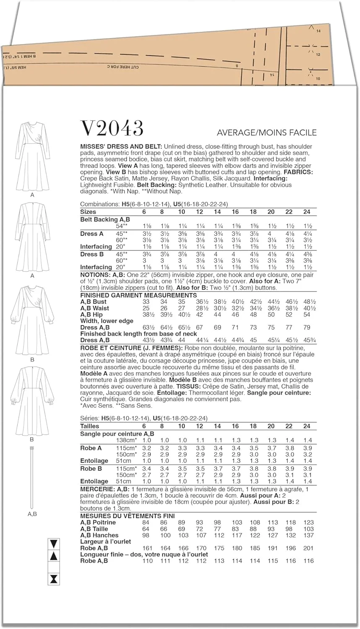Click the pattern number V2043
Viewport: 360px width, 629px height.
[x=112, y=128]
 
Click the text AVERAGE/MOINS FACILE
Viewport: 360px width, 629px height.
[x=266, y=133]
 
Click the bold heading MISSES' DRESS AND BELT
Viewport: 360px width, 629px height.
[x=121, y=147]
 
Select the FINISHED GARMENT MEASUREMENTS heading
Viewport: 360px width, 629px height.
[x=138, y=295]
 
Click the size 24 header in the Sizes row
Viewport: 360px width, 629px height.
[x=307, y=212]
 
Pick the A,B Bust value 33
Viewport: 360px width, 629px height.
[x=146, y=302]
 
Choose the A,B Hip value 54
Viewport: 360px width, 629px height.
[x=307, y=314]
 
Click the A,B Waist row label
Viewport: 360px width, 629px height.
[x=94, y=308]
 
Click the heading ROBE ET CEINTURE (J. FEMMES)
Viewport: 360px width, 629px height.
[x=131, y=348]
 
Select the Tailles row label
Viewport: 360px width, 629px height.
[x=89, y=426]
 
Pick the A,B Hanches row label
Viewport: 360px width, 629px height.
[x=99, y=535]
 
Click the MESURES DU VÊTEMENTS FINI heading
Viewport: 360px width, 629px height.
[x=128, y=516]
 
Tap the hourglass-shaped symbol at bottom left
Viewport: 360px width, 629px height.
[x=54, y=580]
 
